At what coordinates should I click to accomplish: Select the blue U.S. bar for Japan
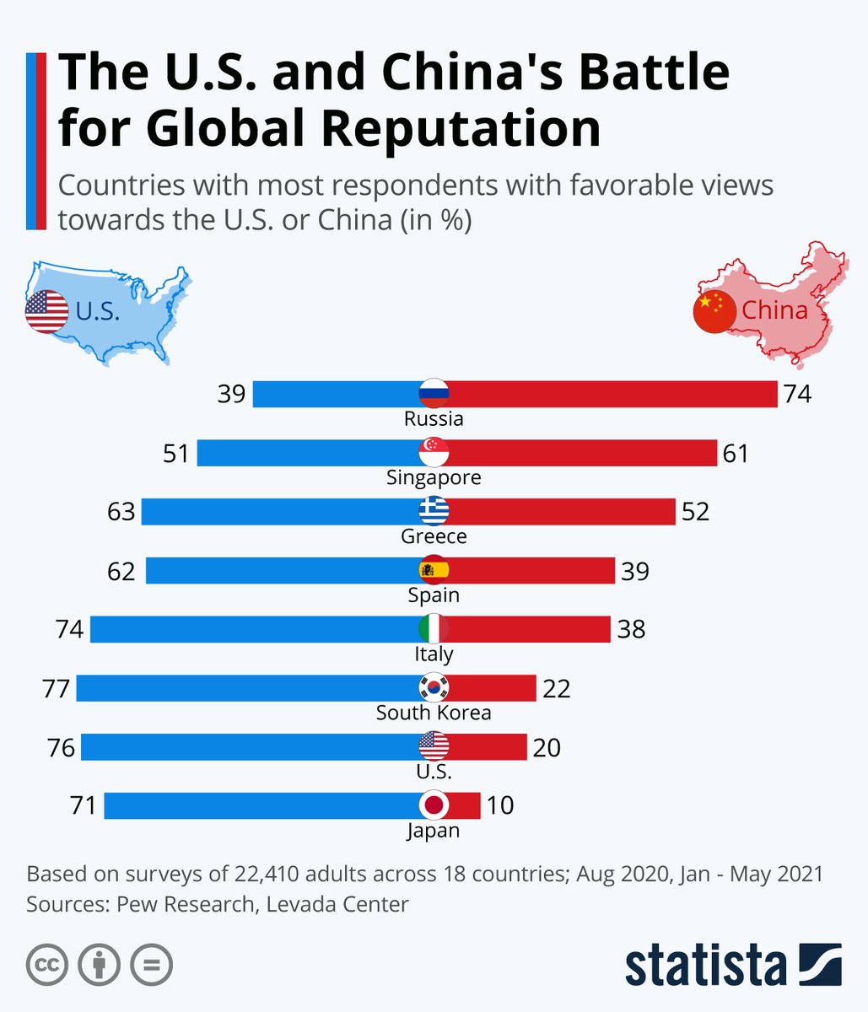click(261, 805)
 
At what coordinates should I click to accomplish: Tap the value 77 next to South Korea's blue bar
click(56, 689)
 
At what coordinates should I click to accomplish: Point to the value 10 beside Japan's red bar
click(500, 805)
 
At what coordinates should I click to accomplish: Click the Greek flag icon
click(434, 511)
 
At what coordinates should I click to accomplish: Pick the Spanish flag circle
click(434, 570)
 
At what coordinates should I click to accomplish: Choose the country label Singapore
click(434, 477)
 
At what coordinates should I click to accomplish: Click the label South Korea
click(434, 713)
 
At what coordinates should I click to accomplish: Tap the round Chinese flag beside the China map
click(714, 312)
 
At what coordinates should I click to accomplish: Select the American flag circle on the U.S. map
click(46, 311)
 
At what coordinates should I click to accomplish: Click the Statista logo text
click(705, 966)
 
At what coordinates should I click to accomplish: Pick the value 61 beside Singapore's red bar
click(736, 453)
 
